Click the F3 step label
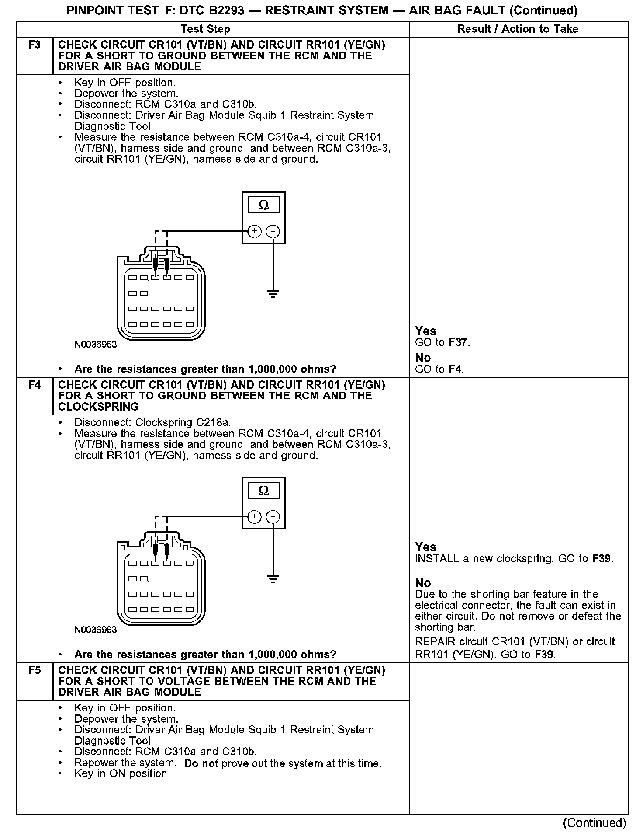click(34, 45)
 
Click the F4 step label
click(34, 385)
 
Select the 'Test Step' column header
click(205, 29)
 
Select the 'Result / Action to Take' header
click(518, 29)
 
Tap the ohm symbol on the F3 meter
click(263, 205)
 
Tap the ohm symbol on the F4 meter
click(263, 491)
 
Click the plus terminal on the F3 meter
click(254, 231)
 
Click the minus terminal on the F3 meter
click(273, 231)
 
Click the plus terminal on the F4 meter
click(254, 517)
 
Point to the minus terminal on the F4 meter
click(273, 517)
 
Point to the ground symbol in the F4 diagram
click(273, 579)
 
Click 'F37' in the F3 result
click(458, 342)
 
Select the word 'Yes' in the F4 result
click(425, 547)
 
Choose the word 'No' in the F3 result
click(423, 358)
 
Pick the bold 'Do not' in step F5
click(201, 764)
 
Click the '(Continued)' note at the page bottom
click(595, 823)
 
